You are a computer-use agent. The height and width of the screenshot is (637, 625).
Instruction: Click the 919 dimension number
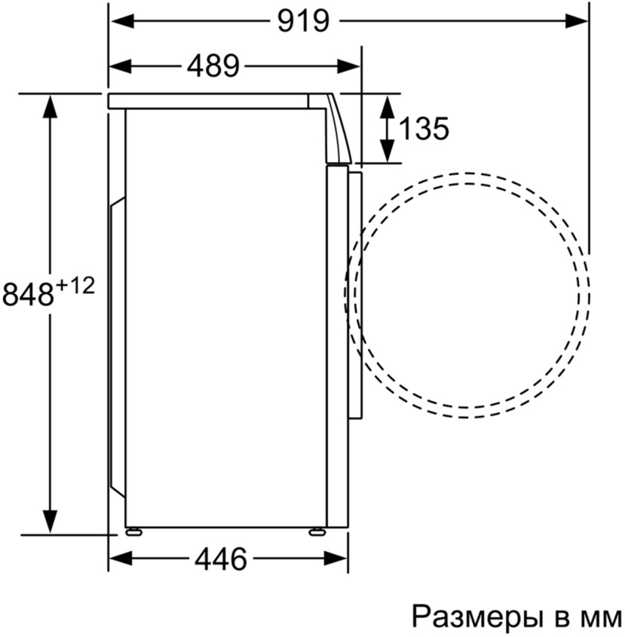point(303,21)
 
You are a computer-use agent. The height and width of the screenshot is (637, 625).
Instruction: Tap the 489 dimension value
point(213,66)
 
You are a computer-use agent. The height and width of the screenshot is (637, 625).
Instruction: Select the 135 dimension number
point(424,128)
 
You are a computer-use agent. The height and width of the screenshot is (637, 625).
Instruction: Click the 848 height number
point(28,294)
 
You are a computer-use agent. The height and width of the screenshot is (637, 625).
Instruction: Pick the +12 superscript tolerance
point(75,286)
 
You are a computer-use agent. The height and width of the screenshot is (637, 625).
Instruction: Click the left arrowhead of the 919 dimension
point(121,21)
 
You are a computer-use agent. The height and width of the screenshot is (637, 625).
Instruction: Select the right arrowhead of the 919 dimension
point(577,21)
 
